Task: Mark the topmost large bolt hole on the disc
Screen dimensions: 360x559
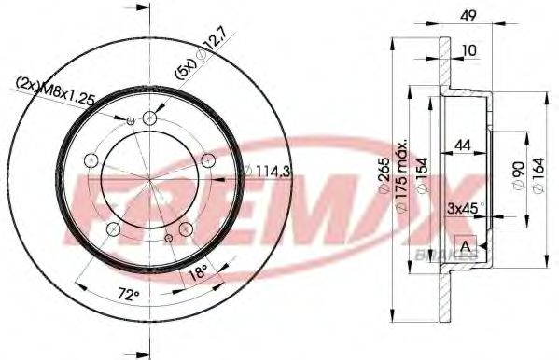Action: pos(150,118)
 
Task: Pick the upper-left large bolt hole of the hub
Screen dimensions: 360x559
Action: pos(91,161)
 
